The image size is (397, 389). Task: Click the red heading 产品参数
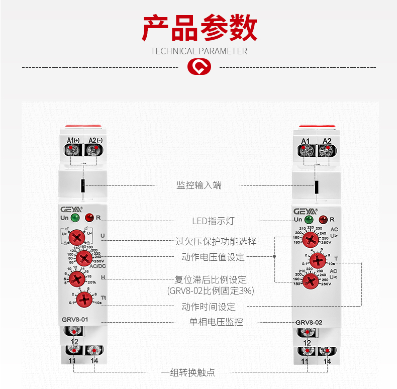[x=199, y=28]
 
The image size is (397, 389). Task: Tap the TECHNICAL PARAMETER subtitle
[x=199, y=51]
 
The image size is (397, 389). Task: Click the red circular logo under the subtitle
[x=199, y=66]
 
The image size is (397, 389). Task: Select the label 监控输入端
[x=199, y=185]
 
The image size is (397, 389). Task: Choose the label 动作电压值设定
[x=213, y=257]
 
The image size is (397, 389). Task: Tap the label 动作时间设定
[x=209, y=307]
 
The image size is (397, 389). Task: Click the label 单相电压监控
[x=213, y=322]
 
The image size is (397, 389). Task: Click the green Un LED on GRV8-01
[x=75, y=218]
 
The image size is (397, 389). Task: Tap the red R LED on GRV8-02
[x=323, y=220]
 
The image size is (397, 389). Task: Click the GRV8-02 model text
[x=309, y=322]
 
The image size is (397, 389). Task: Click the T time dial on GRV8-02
[x=317, y=260]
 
